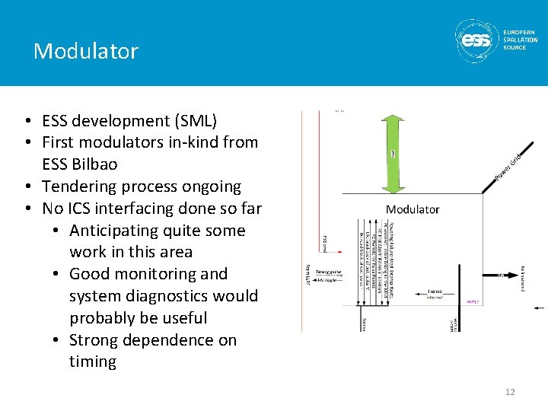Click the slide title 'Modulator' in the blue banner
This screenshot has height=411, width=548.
tap(86, 51)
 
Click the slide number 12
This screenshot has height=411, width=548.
tap(510, 391)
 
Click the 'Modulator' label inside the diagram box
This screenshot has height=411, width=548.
tap(413, 209)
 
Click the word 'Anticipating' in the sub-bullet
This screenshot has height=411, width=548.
tap(117, 230)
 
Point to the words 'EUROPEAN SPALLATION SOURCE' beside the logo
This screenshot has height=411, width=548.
tap(521, 40)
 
